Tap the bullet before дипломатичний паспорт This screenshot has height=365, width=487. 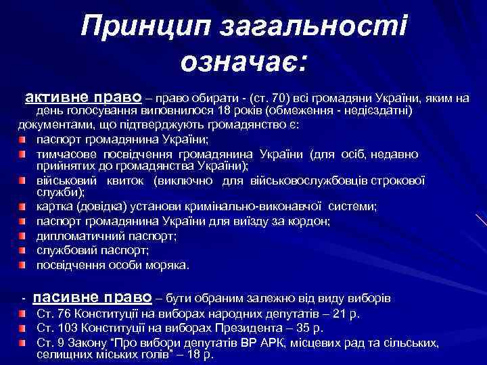(x=23, y=237)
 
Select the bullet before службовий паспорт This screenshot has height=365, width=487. (x=23, y=251)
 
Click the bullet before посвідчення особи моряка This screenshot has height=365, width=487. (x=23, y=265)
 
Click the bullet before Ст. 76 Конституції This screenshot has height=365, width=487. (x=23, y=315)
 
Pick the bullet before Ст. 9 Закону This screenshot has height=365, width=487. (x=23, y=343)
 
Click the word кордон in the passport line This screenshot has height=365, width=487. (x=309, y=222)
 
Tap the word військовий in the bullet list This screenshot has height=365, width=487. (x=68, y=180)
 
